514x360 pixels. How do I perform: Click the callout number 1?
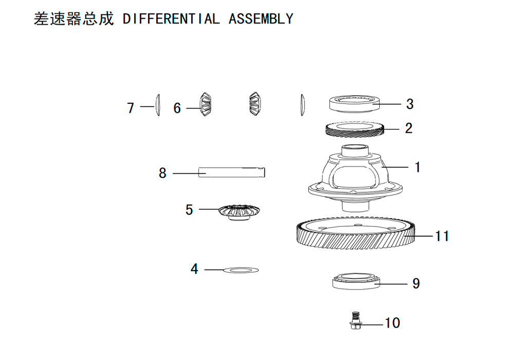(417, 167)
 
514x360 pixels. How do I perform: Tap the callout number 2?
(409, 128)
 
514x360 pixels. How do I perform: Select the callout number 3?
(410, 104)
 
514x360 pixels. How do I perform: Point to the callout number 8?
(162, 173)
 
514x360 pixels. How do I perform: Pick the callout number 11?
(442, 236)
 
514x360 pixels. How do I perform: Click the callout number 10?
(392, 323)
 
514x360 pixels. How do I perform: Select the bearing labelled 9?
(356, 281)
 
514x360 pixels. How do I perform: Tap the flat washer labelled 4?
(241, 270)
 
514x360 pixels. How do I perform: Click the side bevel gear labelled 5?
(239, 212)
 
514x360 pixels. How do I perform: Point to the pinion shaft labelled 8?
(231, 172)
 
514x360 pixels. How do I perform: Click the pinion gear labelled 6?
(206, 104)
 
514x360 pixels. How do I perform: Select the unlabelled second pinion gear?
(255, 103)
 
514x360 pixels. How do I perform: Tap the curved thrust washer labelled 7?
(158, 105)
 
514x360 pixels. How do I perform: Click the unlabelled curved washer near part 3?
(302, 105)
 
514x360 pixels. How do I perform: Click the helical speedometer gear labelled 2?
(355, 129)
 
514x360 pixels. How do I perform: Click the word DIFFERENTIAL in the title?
(171, 19)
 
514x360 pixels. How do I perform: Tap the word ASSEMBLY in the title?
(261, 19)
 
